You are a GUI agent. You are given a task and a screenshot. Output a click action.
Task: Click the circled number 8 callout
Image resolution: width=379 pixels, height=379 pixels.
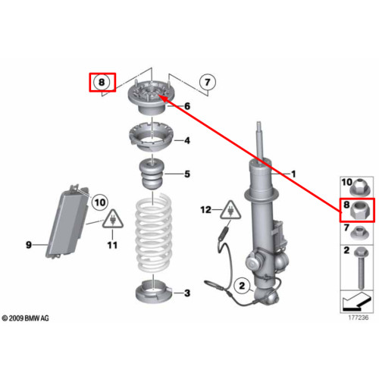102,82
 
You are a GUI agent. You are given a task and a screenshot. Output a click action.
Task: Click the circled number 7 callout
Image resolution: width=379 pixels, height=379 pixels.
207,82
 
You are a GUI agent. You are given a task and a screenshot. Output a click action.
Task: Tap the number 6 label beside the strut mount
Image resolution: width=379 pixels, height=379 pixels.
187,106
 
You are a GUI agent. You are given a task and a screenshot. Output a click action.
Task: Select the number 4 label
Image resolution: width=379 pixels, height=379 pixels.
187,140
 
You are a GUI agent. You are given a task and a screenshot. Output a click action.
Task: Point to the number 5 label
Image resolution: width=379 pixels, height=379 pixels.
187,174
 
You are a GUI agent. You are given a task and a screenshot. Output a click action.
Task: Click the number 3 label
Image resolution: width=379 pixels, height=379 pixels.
187,293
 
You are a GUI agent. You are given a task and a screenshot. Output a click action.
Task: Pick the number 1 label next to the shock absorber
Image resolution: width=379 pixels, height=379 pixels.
293,174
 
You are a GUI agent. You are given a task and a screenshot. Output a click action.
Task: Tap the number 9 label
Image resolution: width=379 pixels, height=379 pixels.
29,245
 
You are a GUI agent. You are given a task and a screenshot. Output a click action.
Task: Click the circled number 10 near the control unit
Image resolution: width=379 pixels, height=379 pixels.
100,202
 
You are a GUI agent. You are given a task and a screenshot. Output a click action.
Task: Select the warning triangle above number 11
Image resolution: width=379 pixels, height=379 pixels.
113,219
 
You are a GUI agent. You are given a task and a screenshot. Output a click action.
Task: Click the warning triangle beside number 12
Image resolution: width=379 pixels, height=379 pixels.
230,210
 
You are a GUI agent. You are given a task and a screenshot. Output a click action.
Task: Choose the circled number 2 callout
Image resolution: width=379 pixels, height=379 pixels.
242,286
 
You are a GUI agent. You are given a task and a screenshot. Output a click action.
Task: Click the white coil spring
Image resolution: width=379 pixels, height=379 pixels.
153,233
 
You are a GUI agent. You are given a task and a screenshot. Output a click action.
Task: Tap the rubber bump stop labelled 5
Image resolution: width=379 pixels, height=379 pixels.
152,175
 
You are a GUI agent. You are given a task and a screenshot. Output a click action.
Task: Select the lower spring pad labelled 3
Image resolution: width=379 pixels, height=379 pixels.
154,293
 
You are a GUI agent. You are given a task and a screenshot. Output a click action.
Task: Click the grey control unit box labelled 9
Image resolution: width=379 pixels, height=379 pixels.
66,222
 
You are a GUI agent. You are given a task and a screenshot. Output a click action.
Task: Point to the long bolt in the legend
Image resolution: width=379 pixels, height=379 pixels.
361,268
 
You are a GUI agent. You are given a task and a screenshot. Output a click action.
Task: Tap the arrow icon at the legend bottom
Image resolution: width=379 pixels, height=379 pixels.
356,301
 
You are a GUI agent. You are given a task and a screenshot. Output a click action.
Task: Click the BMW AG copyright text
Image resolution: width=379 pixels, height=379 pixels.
25,318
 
